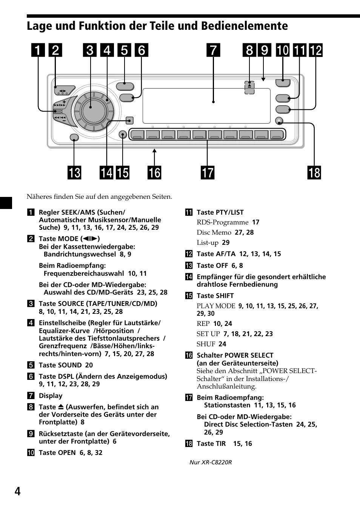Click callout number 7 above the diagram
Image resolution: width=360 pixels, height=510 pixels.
pyautogui.click(x=213, y=50)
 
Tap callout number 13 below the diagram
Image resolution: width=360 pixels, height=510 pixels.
pyautogui.click(x=74, y=173)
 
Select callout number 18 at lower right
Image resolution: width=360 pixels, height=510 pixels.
pyautogui.click(x=314, y=173)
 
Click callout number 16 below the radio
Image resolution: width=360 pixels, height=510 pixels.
pyautogui.click(x=154, y=173)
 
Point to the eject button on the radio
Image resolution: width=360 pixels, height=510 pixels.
pyautogui.click(x=249, y=87)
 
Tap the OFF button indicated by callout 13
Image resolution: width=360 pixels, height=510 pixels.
pyautogui.click(x=74, y=138)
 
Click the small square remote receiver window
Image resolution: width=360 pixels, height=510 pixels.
pyautogui.click(x=129, y=121)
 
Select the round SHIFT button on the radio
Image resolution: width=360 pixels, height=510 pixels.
pyautogui.click(x=123, y=135)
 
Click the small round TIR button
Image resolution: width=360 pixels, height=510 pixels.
pyautogui.click(x=279, y=121)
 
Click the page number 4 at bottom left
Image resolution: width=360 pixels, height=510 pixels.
pyautogui.click(x=17, y=491)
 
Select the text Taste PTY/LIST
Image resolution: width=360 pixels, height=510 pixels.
pyautogui.click(x=220, y=212)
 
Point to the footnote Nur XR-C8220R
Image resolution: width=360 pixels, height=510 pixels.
pyautogui.click(x=211, y=462)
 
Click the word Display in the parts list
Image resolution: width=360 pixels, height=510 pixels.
pyautogui.click(x=51, y=396)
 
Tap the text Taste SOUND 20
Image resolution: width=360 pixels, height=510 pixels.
pyautogui.click(x=66, y=365)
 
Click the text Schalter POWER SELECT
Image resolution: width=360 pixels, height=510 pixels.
pyautogui.click(x=235, y=355)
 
